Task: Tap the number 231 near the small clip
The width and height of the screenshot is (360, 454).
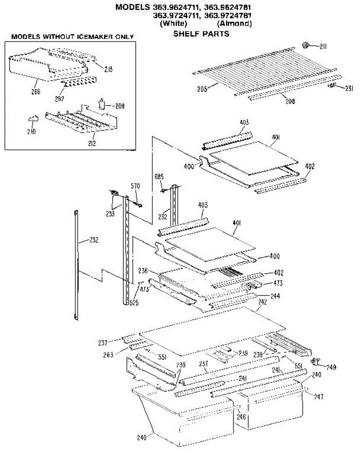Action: click(x=349, y=89)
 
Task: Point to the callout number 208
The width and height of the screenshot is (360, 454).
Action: click(x=290, y=101)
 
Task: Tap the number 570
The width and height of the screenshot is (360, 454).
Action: click(x=135, y=186)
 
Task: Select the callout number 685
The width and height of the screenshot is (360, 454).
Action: click(x=160, y=177)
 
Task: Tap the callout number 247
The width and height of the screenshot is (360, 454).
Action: click(x=318, y=397)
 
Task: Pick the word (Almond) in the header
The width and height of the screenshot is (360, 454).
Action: click(x=234, y=24)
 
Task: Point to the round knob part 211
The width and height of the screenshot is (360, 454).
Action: click(x=305, y=46)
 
